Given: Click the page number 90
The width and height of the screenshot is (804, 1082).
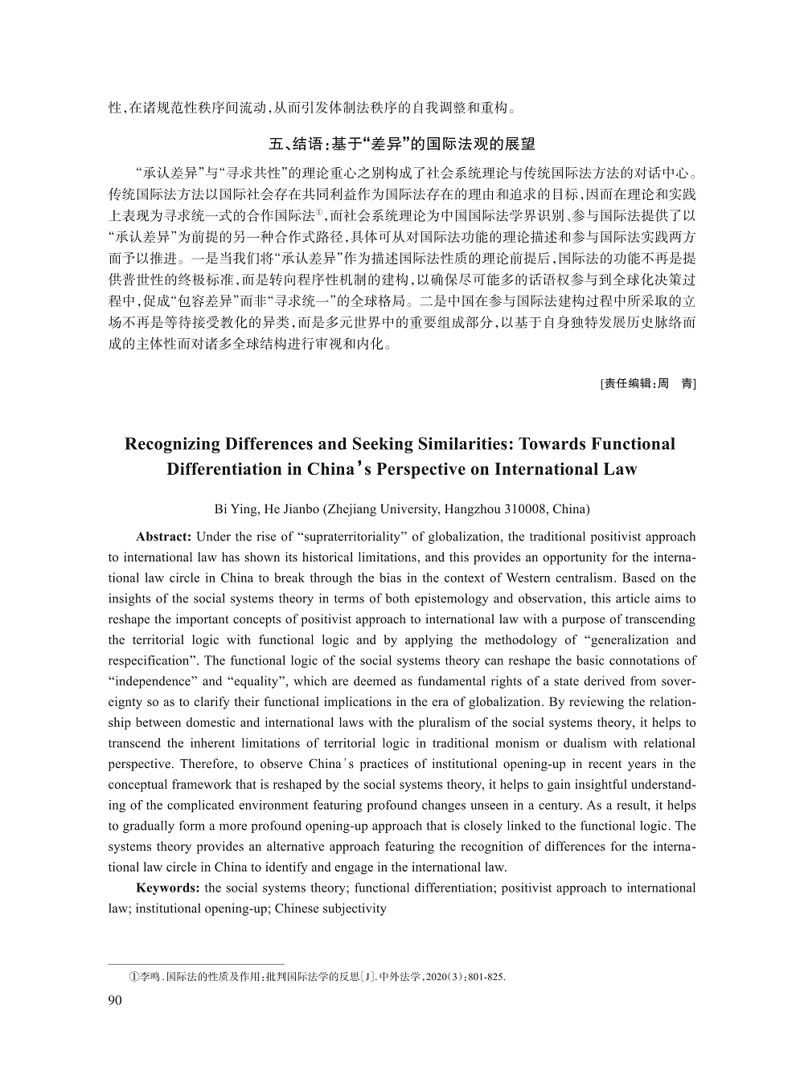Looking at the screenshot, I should click(113, 999).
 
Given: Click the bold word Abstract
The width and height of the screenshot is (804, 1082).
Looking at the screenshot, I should click(163, 537).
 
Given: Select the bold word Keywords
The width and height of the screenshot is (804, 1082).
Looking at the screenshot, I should click(168, 888).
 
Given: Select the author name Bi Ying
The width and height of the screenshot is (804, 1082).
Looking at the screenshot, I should click(233, 509).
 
